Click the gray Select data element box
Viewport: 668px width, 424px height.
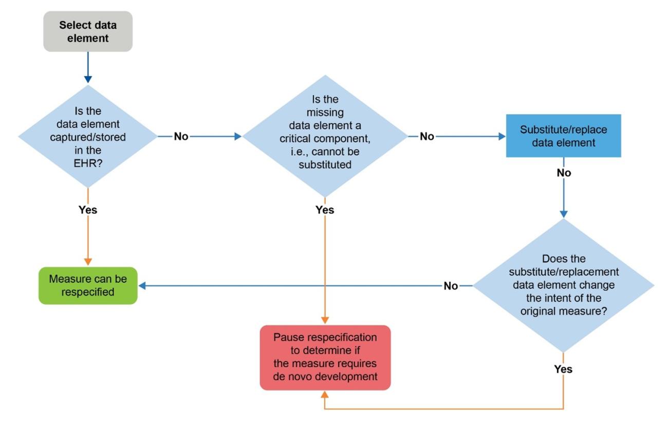[x=88, y=31]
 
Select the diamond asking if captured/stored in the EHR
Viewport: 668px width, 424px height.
[x=88, y=137]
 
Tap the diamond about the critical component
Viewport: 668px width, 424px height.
[x=325, y=136]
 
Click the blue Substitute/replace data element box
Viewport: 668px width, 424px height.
[x=563, y=136]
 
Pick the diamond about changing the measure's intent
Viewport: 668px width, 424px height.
[x=563, y=285]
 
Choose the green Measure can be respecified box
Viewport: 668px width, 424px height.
[x=88, y=285]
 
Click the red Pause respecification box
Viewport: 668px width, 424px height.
[x=325, y=357]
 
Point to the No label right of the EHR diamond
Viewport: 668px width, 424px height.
[x=181, y=137]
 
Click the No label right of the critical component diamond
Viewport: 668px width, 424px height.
[x=427, y=137]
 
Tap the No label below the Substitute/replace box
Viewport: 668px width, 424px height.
[x=564, y=173]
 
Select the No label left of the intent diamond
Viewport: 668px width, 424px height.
[x=451, y=286]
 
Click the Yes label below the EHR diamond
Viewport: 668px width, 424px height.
[x=88, y=210]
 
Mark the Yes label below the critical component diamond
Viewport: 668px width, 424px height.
[x=325, y=210]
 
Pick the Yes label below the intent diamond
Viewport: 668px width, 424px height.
[x=564, y=369]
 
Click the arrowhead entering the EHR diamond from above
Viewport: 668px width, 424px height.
[x=88, y=79]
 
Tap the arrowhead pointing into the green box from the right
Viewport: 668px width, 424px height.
[x=143, y=286]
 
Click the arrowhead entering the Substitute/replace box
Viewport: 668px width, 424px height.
[x=502, y=137]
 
